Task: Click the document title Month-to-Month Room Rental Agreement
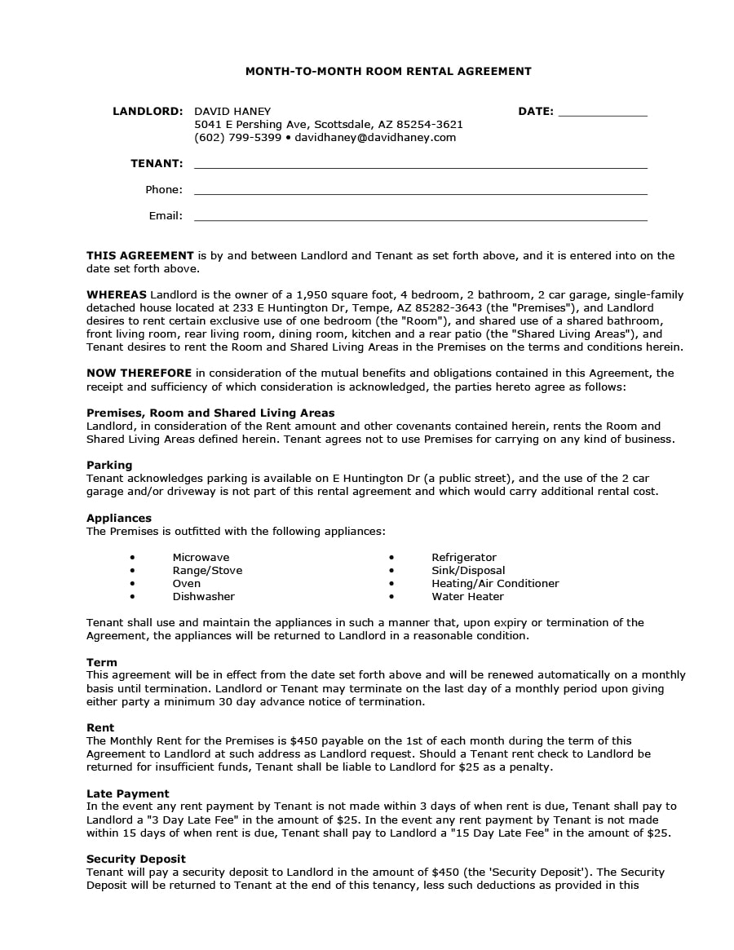pos(388,72)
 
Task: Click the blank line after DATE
pos(603,113)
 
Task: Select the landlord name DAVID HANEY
pos(232,111)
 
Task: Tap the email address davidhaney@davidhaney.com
pos(375,137)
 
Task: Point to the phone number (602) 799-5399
pos(237,137)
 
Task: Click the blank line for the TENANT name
pos(420,165)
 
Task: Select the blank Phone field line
pos(420,191)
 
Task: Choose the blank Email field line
pos(420,217)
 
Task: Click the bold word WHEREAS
pos(117,294)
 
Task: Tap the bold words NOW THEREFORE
pos(139,373)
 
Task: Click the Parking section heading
pos(109,465)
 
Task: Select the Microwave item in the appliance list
pos(201,558)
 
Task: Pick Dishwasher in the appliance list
pos(203,597)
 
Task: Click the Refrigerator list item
pos(463,558)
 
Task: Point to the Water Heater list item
pos(467,597)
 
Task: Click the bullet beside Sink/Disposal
pos(391,571)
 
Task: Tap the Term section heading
pos(102,662)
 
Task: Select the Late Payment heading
pos(128,793)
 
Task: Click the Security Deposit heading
pos(136,859)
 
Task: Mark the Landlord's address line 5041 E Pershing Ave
pos(328,124)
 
